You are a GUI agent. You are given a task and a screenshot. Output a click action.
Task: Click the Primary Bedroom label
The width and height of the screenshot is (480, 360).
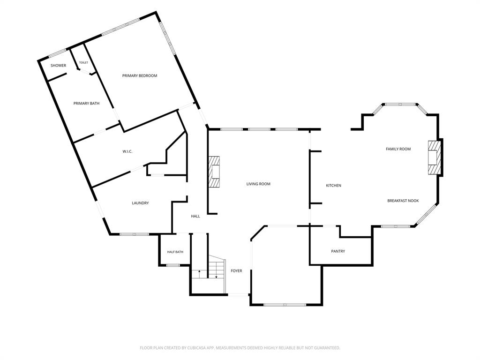(x=140, y=75)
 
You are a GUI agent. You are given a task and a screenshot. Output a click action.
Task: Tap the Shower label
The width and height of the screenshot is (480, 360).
(x=58, y=66)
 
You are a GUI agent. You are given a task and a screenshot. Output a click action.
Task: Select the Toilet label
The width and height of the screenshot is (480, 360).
(x=83, y=62)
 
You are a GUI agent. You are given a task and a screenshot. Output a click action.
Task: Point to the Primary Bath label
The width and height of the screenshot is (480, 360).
(x=86, y=104)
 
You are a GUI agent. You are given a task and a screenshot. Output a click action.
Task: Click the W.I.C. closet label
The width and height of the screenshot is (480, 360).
(x=127, y=151)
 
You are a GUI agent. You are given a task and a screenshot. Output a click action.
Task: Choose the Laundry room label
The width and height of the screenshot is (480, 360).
(x=140, y=203)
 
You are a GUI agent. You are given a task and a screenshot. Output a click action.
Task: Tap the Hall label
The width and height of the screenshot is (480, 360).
(x=195, y=216)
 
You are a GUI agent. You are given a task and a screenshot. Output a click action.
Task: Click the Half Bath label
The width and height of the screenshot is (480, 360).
(x=175, y=252)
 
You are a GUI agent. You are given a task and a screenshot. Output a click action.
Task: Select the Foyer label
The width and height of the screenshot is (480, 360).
(x=236, y=270)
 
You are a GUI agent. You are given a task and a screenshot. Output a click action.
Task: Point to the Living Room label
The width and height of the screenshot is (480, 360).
(x=258, y=184)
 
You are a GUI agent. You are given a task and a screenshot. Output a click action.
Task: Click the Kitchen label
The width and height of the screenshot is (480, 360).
(x=333, y=186)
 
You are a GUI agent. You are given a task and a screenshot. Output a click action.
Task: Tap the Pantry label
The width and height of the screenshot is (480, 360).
(x=338, y=251)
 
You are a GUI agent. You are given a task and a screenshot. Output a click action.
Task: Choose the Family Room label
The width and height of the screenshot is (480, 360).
(x=398, y=149)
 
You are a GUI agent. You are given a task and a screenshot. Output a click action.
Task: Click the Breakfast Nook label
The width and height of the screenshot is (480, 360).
(x=403, y=201)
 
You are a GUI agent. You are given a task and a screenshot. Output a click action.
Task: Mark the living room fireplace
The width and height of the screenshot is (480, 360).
(x=214, y=172)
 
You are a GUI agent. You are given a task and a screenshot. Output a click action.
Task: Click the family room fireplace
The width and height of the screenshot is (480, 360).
(x=434, y=157)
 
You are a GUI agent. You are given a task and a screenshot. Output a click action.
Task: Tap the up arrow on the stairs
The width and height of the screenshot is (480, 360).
(x=200, y=274)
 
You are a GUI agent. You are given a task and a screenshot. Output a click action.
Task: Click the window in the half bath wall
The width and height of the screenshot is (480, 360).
(x=173, y=265)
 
